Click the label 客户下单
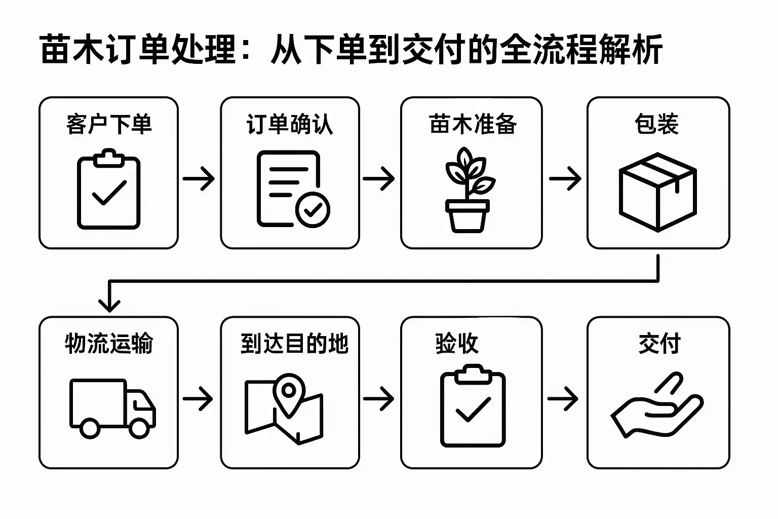pos(109,124)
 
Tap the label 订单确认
pos(290,124)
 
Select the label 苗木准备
pos(472,124)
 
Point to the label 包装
pos(656,124)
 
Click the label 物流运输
pos(109,344)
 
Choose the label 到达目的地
pos(294,344)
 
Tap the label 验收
pos(457,344)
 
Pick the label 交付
pos(659,344)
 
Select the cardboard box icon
pos(658,192)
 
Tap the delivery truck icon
pos(112,408)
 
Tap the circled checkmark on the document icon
pos(313,209)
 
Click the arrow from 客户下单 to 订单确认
pos(199,178)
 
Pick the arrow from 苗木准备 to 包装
pos(565,178)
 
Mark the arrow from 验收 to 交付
pos(563,398)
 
